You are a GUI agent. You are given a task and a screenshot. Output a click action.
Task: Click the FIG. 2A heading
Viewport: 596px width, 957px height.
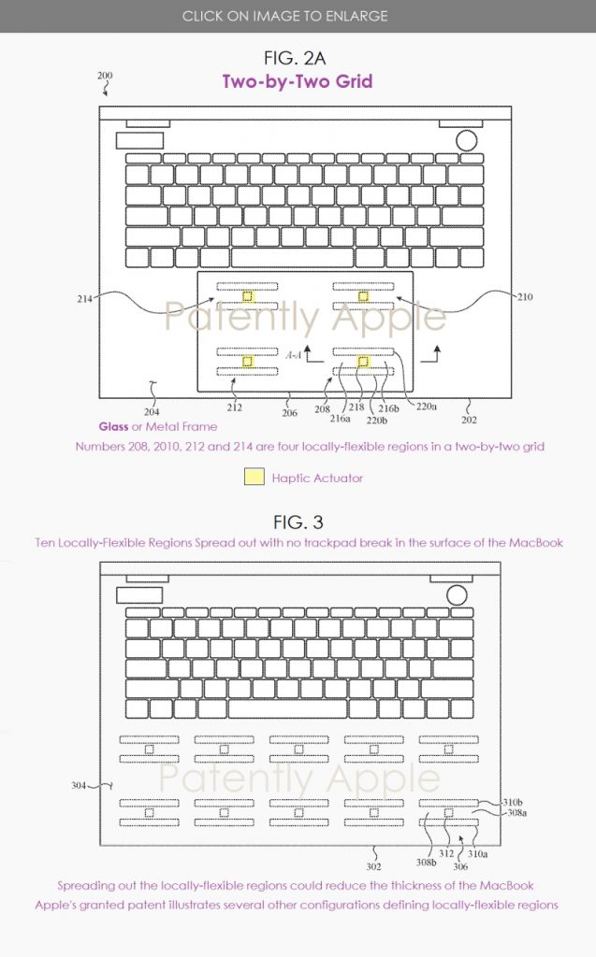click(297, 60)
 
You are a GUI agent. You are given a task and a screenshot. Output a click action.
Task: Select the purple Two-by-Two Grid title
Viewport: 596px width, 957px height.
click(297, 81)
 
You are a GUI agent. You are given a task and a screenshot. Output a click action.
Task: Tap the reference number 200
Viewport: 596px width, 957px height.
click(105, 77)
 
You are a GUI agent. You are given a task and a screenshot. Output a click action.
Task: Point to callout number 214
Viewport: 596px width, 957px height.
click(85, 299)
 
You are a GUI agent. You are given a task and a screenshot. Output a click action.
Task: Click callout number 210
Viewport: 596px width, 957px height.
click(526, 297)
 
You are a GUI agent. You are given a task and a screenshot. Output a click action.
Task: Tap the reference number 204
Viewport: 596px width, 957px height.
click(152, 410)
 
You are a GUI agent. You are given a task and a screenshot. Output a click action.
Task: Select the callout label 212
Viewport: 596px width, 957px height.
click(234, 407)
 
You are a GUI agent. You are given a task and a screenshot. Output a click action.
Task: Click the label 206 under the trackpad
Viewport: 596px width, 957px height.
click(291, 410)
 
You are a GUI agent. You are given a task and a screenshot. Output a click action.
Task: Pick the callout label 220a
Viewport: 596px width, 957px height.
click(428, 407)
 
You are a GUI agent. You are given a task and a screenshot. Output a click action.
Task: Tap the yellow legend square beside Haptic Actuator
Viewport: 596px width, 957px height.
click(254, 477)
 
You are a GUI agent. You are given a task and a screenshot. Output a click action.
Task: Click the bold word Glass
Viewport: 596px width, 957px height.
click(113, 426)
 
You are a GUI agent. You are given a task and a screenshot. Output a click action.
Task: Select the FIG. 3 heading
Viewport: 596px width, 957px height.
click(297, 521)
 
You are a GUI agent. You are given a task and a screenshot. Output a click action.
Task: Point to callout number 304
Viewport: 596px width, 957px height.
click(80, 786)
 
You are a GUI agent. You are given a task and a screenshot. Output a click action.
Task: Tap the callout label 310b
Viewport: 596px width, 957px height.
click(512, 802)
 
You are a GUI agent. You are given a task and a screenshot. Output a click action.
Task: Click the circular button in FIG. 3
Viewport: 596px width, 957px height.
click(457, 594)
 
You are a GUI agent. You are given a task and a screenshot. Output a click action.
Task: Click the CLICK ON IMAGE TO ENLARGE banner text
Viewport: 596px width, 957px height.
click(298, 16)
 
